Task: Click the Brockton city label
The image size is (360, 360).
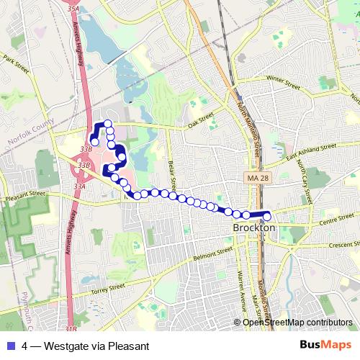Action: (255, 228)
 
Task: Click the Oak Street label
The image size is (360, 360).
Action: (202, 120)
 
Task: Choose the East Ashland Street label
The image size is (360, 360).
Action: (311, 150)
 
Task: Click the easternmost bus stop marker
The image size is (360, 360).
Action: (266, 215)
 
